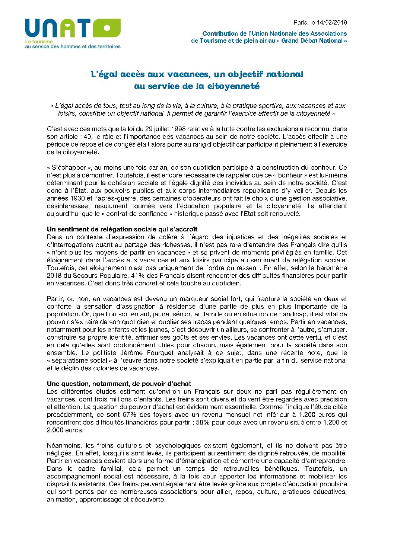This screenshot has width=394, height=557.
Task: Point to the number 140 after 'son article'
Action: pos(85,137)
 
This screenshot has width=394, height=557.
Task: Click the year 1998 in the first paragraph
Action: pos(178,129)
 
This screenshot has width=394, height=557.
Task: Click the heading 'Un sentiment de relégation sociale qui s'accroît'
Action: pos(122,229)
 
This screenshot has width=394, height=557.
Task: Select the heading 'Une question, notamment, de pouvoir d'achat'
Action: pos(119,384)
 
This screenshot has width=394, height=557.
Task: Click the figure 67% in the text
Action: pos(113,415)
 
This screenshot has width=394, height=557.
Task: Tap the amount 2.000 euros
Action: pos(65,430)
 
